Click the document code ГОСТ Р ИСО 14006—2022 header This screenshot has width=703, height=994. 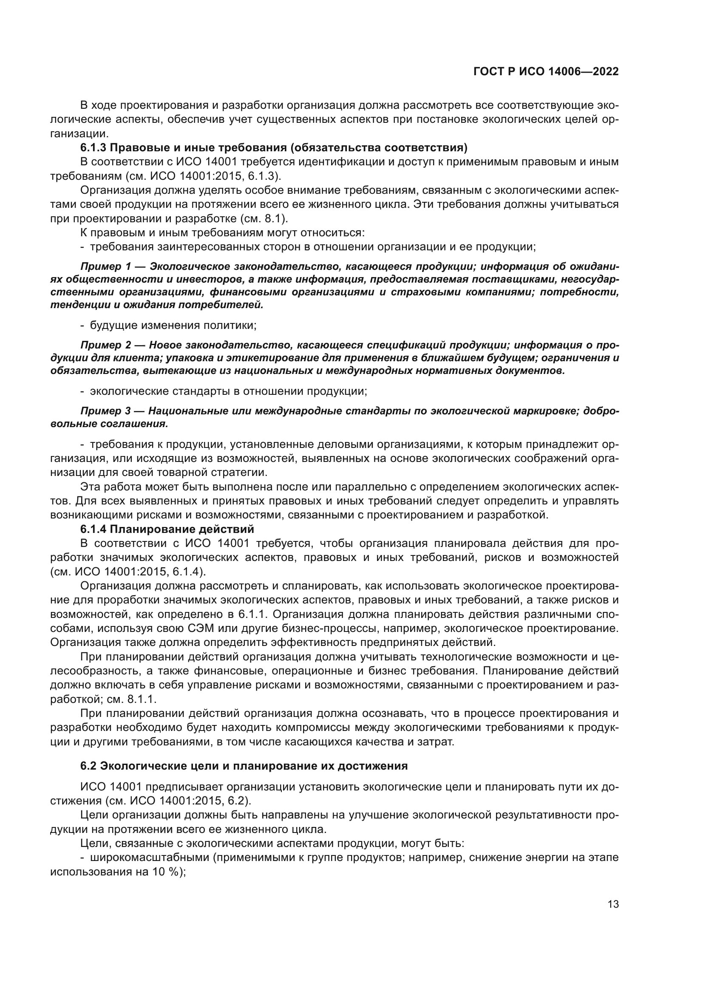click(x=546, y=72)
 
